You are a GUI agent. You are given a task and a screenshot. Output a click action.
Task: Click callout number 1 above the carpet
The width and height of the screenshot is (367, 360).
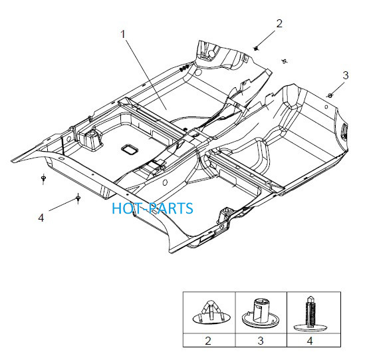[123, 34]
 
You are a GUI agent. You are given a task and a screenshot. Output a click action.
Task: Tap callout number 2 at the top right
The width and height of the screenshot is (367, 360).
[279, 24]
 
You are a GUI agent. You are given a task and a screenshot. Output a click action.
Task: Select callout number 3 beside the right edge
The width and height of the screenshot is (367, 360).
[346, 75]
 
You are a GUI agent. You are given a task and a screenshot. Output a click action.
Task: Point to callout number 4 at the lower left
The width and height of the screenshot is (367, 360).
[41, 218]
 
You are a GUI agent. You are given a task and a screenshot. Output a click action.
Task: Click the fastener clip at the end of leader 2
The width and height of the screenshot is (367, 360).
[256, 49]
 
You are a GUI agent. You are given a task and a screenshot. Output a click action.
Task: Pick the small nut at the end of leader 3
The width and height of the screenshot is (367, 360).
[330, 95]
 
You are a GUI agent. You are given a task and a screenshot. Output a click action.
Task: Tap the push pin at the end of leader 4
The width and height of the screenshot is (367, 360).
[78, 198]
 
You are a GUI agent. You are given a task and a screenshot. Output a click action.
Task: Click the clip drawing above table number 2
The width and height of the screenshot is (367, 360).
[211, 312]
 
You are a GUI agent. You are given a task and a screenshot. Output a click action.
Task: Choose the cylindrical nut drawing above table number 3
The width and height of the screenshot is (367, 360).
[261, 313]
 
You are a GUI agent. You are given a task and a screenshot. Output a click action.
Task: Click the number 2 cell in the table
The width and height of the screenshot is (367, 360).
[209, 340]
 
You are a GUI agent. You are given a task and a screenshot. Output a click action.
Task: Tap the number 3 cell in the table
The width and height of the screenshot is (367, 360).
[261, 340]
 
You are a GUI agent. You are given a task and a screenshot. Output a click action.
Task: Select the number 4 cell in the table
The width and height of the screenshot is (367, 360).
[314, 340]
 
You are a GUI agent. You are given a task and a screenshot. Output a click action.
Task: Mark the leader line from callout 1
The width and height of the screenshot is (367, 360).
[146, 75]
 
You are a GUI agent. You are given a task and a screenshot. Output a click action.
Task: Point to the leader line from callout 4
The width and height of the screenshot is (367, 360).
[62, 205]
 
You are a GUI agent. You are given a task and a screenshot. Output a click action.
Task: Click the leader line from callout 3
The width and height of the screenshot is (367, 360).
[338, 88]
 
